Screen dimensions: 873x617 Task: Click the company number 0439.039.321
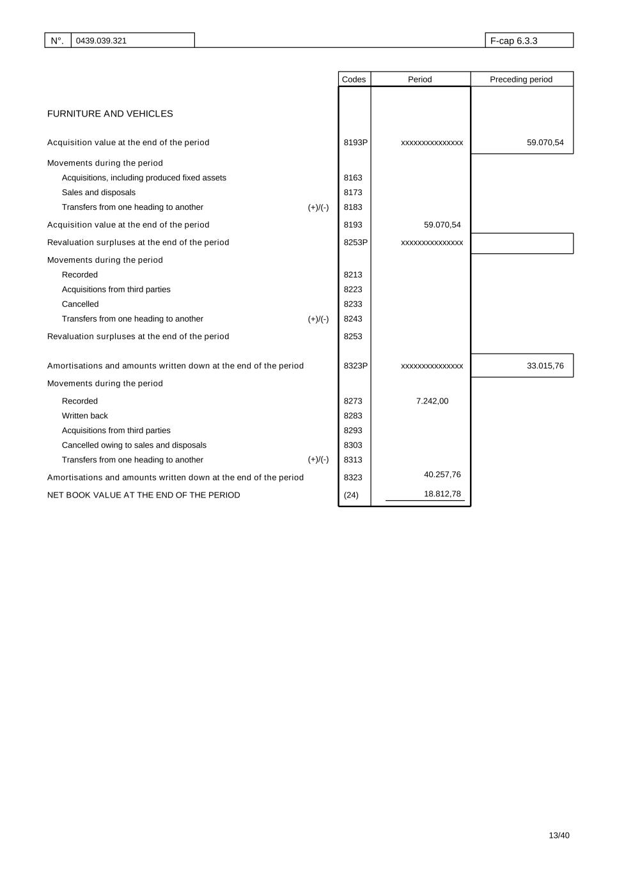click(101, 41)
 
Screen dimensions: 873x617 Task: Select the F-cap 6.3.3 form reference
click(513, 41)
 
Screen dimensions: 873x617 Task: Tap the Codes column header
click(354, 79)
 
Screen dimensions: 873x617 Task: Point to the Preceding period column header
click(520, 79)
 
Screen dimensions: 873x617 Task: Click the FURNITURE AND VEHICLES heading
click(110, 114)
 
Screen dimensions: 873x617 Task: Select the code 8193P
click(355, 143)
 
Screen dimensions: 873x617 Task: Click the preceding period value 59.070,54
click(545, 143)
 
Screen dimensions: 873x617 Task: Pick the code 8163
click(353, 178)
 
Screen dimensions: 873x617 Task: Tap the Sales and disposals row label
click(98, 193)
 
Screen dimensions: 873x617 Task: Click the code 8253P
click(355, 242)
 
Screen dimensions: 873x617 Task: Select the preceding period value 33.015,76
click(545, 366)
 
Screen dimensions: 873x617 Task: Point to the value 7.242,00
click(432, 401)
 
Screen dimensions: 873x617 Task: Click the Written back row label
click(85, 416)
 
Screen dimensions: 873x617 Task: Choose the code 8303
click(353, 445)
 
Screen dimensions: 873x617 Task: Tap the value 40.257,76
click(442, 475)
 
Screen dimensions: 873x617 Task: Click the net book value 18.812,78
click(442, 494)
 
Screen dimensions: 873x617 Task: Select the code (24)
click(351, 495)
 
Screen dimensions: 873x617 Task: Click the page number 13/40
click(559, 835)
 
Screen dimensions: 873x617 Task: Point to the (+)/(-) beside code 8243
click(318, 319)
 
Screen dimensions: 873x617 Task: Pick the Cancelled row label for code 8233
click(81, 304)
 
